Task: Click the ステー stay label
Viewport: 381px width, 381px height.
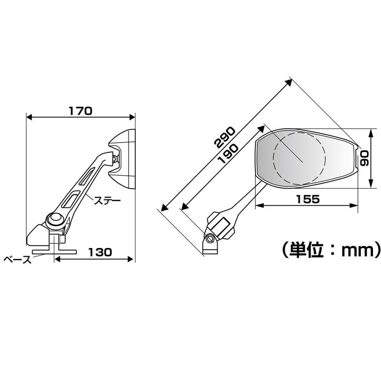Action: coord(106,201)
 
